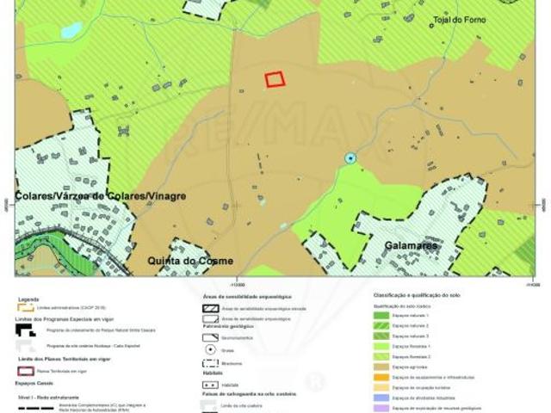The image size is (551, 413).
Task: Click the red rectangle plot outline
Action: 275,79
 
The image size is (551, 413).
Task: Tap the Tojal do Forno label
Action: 459,20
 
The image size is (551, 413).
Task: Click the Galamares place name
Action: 411,246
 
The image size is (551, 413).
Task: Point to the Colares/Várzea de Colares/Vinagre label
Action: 101,196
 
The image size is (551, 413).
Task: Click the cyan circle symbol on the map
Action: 350,158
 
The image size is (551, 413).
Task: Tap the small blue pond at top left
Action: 71,32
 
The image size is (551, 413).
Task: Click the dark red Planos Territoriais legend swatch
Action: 25,371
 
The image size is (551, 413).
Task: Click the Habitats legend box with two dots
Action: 210,385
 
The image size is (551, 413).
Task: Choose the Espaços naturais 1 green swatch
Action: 381,316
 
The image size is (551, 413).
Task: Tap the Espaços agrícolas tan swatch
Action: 381,365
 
